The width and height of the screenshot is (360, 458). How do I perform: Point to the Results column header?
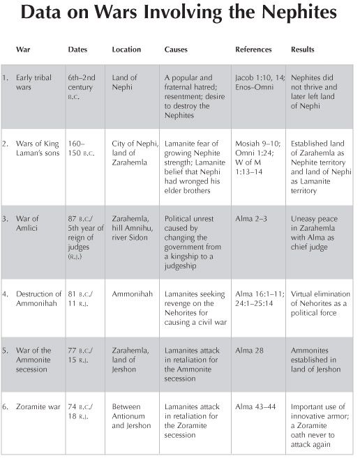pyautogui.click(x=303, y=50)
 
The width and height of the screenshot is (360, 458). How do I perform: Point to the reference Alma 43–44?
pyautogui.click(x=256, y=402)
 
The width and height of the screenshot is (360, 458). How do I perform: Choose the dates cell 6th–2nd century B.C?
pyautogui.click(x=82, y=85)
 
